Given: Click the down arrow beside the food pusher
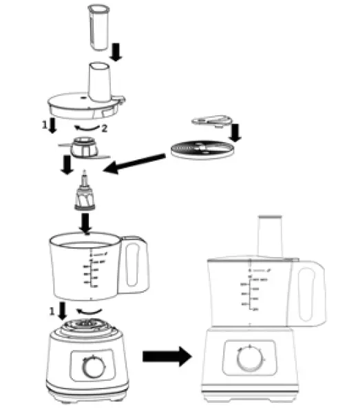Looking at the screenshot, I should [117, 49].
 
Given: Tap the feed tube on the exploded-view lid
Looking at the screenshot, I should [98, 80].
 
